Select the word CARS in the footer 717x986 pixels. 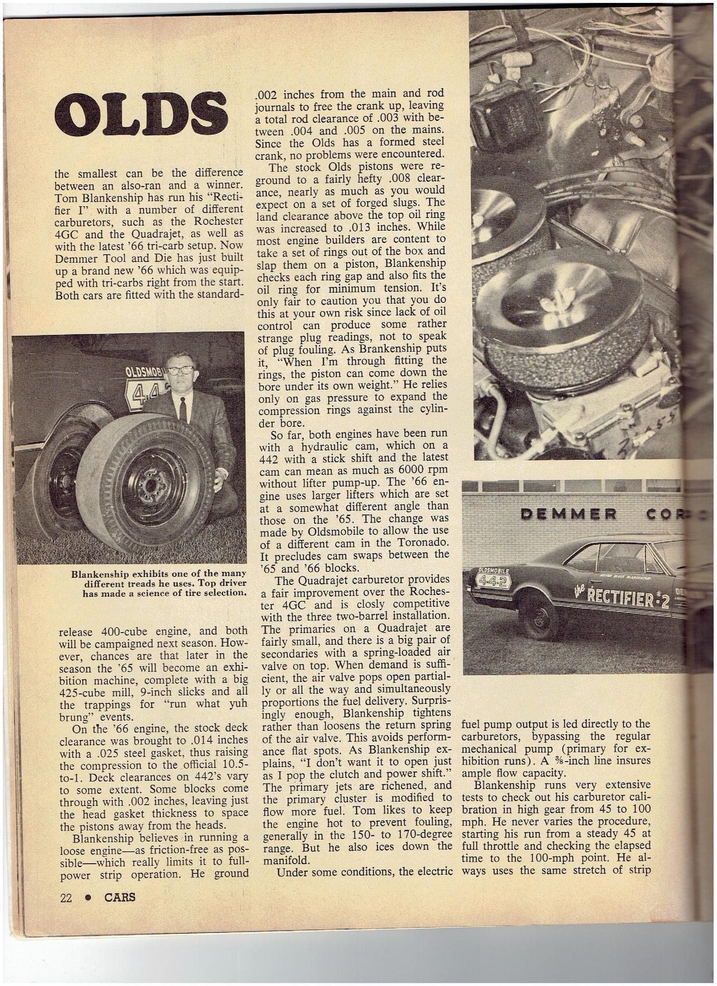120,897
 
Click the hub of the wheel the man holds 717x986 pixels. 148,485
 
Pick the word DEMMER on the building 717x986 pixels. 569,515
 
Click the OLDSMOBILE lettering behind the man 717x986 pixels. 145,372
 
